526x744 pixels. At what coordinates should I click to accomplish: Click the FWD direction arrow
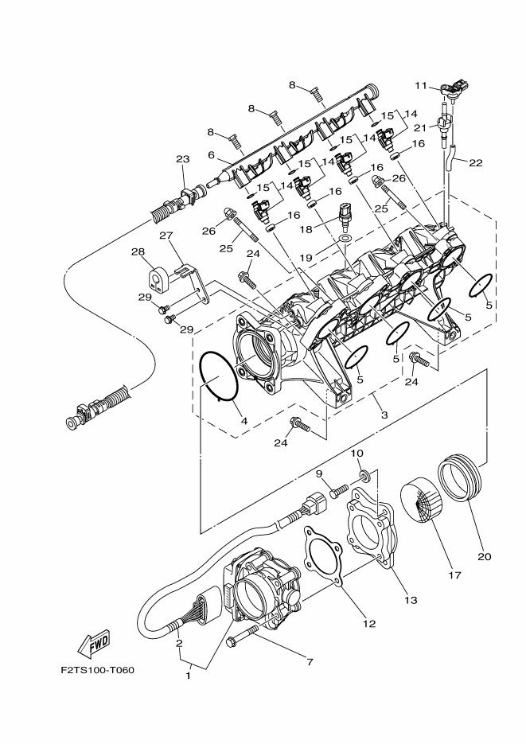pyautogui.click(x=94, y=641)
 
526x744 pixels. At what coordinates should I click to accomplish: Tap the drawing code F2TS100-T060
pyautogui.click(x=97, y=669)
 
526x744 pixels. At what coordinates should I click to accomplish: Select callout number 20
pyautogui.click(x=485, y=556)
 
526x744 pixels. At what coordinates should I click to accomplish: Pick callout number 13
pyautogui.click(x=411, y=600)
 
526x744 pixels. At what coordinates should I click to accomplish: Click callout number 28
pyautogui.click(x=138, y=252)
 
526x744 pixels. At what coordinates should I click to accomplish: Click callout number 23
pyautogui.click(x=182, y=160)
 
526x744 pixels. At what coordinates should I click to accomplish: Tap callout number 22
pyautogui.click(x=476, y=163)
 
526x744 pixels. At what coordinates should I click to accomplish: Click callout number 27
pyautogui.click(x=166, y=236)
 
